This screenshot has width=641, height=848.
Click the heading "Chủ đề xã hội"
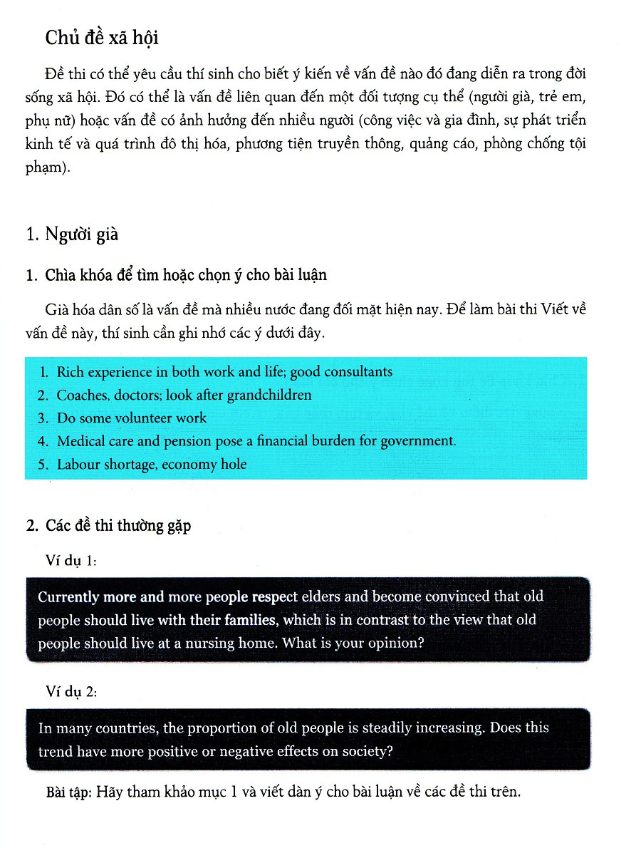tap(101, 37)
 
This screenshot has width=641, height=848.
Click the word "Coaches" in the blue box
tap(81, 395)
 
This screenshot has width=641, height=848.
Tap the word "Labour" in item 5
tap(78, 465)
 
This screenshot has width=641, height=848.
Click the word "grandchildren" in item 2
tap(269, 395)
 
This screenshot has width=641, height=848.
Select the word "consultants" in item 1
tap(358, 372)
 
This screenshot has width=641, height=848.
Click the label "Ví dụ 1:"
tap(71, 562)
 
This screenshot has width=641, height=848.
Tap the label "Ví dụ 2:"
tap(71, 692)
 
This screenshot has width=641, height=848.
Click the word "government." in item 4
tap(418, 441)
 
